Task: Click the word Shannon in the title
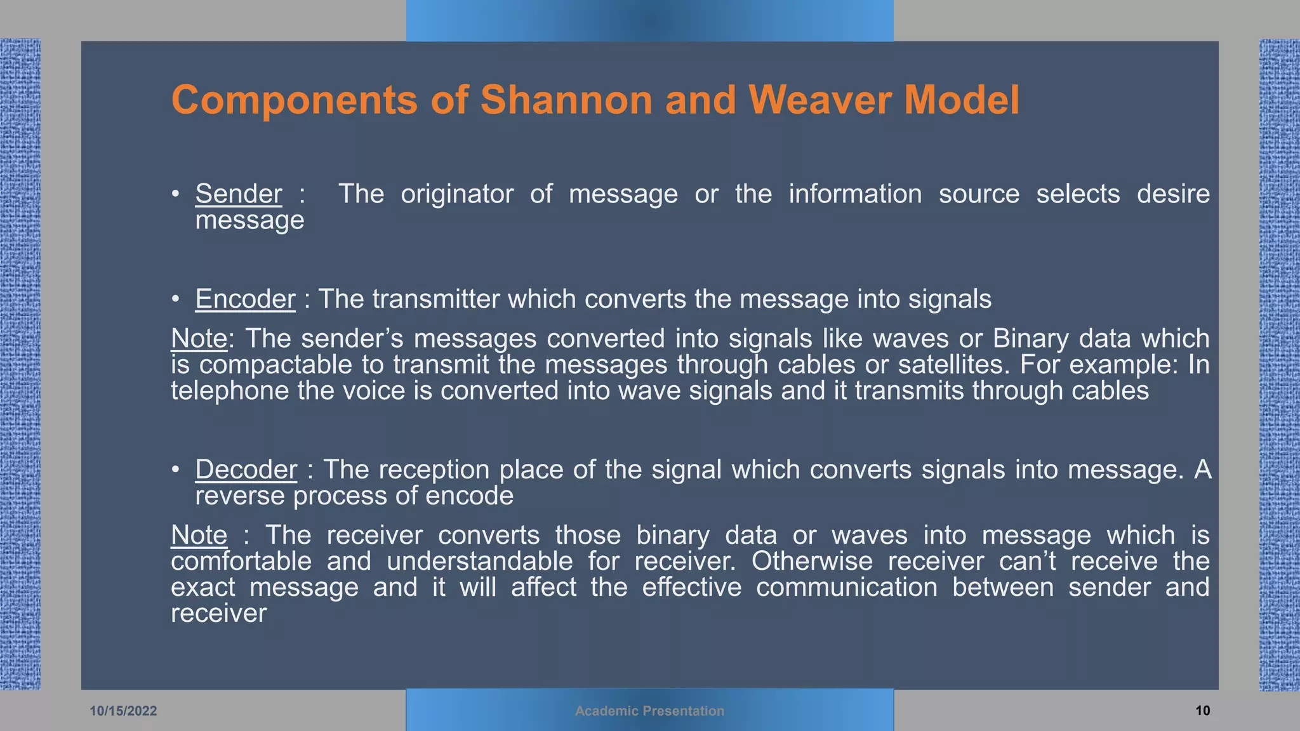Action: pyautogui.click(x=566, y=100)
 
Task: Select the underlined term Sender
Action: pyautogui.click(x=239, y=194)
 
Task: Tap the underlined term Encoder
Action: pyautogui.click(x=245, y=300)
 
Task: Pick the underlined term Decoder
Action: pyautogui.click(x=246, y=470)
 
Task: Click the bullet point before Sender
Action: pyautogui.click(x=176, y=194)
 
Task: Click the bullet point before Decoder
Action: pyautogui.click(x=176, y=470)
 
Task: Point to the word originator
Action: pyautogui.click(x=457, y=194)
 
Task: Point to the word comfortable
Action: pyautogui.click(x=241, y=562)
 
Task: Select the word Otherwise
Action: pyautogui.click(x=812, y=562)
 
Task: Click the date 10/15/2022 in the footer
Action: pyautogui.click(x=123, y=711)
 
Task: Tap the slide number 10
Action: pyautogui.click(x=1202, y=711)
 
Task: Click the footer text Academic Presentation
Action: pyautogui.click(x=649, y=711)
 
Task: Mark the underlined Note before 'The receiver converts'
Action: pyautogui.click(x=199, y=536)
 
